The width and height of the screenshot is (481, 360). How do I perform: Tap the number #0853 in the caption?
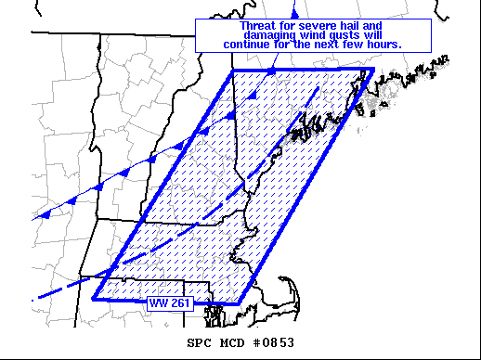point(272,342)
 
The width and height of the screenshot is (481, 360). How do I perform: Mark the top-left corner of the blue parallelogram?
point(233,71)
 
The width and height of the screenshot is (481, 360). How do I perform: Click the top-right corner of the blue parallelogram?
point(372,69)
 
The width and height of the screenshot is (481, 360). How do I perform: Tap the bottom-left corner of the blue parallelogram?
point(94,299)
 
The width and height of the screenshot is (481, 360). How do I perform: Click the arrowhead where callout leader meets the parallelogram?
point(272,70)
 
